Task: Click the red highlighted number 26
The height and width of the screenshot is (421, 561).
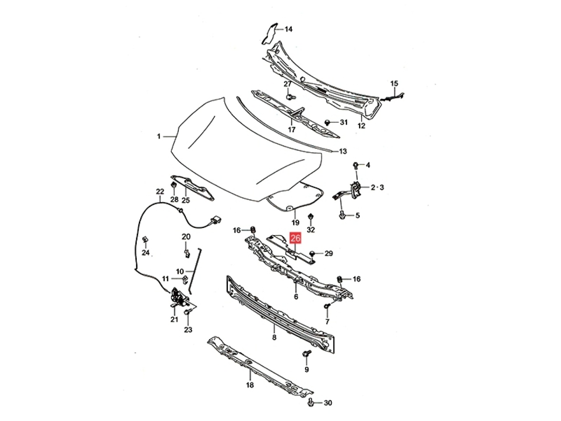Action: click(x=295, y=238)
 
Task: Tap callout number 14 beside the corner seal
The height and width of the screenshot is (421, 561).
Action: click(x=288, y=29)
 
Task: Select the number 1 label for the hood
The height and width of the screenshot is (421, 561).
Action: click(x=159, y=136)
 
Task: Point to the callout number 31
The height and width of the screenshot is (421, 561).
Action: click(x=344, y=122)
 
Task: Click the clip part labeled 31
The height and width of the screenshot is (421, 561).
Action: click(x=327, y=122)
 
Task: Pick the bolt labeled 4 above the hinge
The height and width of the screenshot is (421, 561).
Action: click(x=355, y=165)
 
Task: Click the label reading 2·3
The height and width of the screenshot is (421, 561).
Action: click(x=377, y=188)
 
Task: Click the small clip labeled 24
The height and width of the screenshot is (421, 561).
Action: click(x=145, y=240)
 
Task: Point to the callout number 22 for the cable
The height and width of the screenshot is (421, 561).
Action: click(x=160, y=192)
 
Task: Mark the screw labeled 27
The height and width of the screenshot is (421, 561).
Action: click(x=290, y=96)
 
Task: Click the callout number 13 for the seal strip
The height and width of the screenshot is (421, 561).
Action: click(x=343, y=151)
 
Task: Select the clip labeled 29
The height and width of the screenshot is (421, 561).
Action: click(x=312, y=253)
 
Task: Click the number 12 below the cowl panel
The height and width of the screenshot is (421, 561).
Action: click(x=362, y=126)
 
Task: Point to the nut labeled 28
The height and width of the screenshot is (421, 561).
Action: click(x=174, y=184)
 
